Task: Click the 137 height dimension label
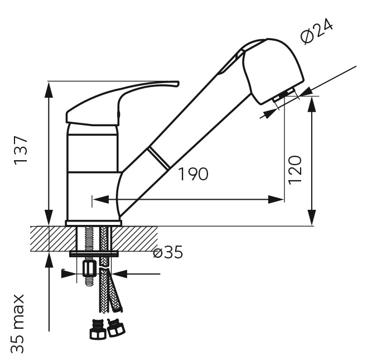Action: [21, 150]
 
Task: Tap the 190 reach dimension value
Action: [193, 174]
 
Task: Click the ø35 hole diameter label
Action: [168, 252]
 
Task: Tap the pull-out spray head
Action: [273, 70]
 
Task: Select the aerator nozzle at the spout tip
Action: [284, 95]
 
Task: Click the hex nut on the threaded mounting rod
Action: [90, 269]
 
